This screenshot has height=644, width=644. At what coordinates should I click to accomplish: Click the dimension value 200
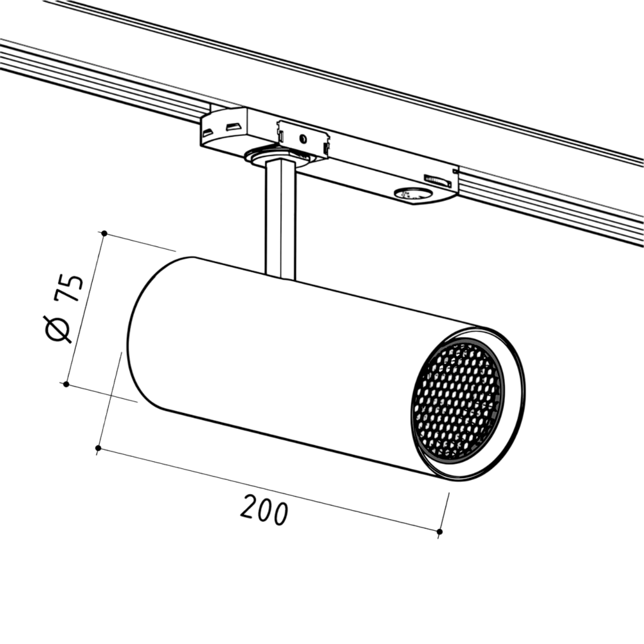click(x=264, y=510)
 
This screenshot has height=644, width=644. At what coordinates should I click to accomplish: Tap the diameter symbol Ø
click(x=57, y=329)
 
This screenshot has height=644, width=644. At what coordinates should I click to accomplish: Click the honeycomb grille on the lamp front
click(x=457, y=399)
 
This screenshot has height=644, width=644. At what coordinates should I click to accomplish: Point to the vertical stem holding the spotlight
click(x=280, y=220)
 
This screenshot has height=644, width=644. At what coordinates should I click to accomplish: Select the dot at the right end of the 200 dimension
click(x=439, y=531)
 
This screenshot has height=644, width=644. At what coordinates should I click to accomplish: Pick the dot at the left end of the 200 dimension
click(x=98, y=447)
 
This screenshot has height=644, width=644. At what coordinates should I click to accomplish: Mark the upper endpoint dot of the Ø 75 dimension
click(x=104, y=234)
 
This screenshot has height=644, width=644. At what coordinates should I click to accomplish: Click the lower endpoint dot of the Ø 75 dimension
click(x=66, y=384)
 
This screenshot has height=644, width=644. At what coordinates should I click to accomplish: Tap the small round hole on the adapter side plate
click(x=302, y=138)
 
